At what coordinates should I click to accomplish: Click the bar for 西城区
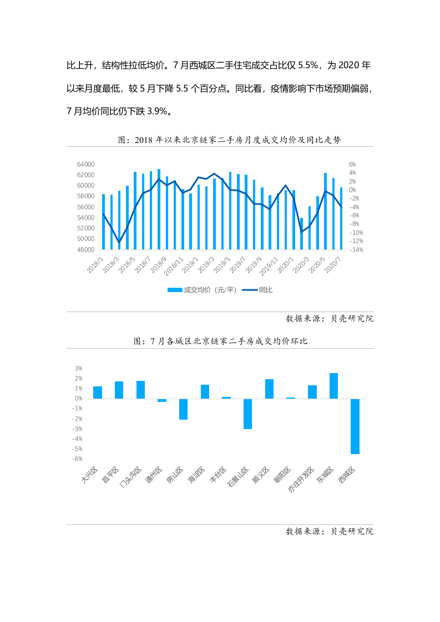tap(355, 426)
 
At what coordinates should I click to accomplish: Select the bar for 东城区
tap(333, 386)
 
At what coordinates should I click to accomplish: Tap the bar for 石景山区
tap(247, 414)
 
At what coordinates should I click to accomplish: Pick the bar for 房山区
tap(183, 409)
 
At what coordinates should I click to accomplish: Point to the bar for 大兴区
tap(98, 392)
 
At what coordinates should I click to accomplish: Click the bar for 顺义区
tap(269, 389)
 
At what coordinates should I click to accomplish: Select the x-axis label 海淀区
tap(197, 475)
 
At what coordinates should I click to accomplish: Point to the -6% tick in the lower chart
tap(78, 459)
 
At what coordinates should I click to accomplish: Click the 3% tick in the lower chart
tap(79, 368)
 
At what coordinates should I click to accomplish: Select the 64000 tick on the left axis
tap(86, 165)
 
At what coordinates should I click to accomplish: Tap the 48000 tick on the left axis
tap(86, 249)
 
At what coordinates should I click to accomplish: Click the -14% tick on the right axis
tap(356, 249)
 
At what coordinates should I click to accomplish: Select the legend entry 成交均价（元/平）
tap(203, 290)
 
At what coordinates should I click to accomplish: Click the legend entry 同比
tap(260, 290)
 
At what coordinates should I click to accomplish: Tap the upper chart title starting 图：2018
tap(229, 140)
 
